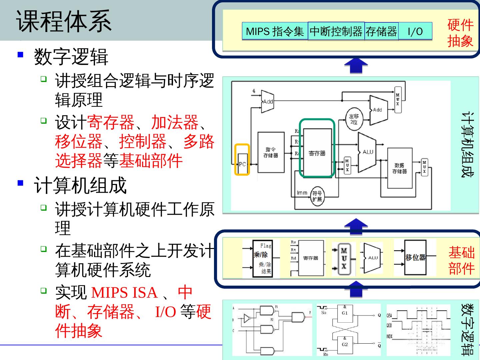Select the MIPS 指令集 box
275,31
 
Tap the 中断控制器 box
336,31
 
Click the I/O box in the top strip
415,31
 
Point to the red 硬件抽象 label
460,33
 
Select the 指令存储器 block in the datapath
271,152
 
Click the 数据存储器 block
399,168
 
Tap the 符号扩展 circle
317,196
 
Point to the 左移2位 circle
354,119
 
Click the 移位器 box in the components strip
415,257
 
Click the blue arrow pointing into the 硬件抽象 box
356,66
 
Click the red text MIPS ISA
124,293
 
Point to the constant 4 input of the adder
254,91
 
